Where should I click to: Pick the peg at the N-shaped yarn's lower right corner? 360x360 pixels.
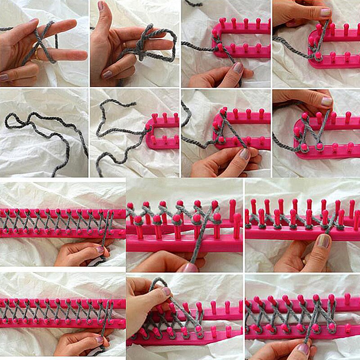click(319, 146)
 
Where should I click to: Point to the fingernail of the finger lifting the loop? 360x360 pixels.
click(166, 292)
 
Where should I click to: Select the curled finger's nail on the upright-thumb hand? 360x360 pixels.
click(108, 74)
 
